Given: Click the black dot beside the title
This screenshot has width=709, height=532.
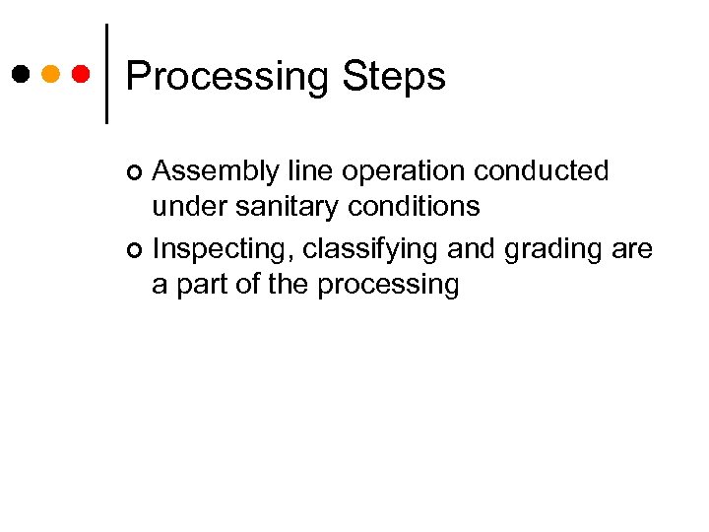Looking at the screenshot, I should [21, 74].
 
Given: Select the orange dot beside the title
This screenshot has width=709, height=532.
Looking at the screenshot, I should [51, 74].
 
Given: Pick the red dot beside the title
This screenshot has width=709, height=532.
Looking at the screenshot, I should [82, 74].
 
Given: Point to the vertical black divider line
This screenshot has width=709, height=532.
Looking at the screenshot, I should [105, 74].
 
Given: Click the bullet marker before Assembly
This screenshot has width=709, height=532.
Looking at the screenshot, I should [135, 173].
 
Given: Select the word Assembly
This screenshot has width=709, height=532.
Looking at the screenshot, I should [203, 171].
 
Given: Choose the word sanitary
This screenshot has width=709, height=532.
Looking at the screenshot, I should [284, 206].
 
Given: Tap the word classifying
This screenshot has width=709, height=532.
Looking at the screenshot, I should [370, 250].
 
